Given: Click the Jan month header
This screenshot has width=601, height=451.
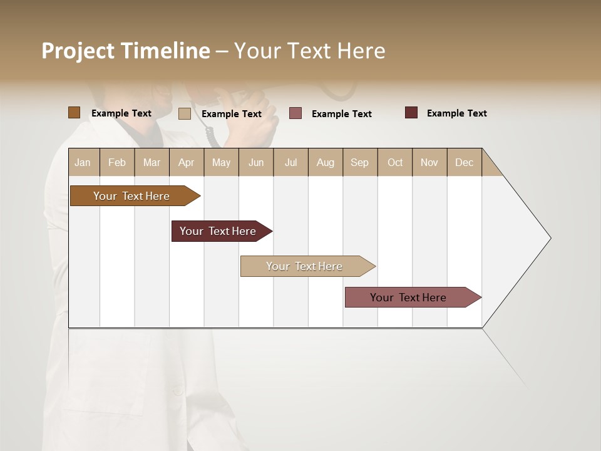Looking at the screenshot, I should pos(83,162).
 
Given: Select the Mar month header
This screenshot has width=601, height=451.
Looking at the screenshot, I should pos(152,162).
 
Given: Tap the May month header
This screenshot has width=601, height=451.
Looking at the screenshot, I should pos(221,162).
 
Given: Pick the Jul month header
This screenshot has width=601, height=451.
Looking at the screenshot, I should pos(290,162).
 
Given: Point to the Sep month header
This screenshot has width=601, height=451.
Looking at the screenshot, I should pos(359,162).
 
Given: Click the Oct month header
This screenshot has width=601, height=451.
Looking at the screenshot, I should pos(395,162).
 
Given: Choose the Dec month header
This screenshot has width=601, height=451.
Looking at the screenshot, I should pos(464,162).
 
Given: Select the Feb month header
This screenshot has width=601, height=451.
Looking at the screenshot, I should pos(117,162).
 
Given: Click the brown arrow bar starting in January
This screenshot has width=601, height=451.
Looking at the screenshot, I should pos(131,196).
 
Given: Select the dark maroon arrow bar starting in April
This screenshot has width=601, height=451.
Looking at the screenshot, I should pos(218,231).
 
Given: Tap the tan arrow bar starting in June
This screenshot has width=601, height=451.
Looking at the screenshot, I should pos(304,266).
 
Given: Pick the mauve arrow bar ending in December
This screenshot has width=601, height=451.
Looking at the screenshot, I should pos(408,298).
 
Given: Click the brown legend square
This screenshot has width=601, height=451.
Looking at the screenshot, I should pos(74,113).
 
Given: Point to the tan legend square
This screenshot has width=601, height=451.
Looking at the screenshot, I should pos(184,113).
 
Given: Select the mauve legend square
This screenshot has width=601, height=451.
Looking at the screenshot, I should pos(295,113).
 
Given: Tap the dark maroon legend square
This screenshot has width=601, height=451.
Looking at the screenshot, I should pos(411,113).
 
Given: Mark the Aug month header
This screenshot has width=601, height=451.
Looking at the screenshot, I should pos(325,162).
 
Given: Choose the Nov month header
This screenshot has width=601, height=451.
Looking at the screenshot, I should pos(429,162).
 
